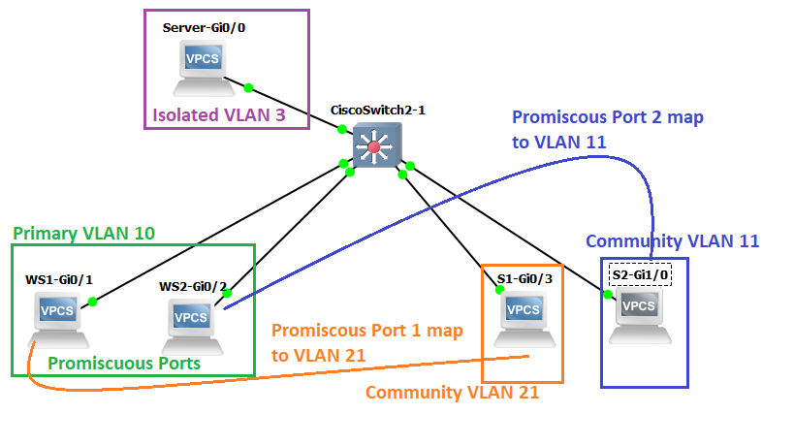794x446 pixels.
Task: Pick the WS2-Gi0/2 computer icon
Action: [x=192, y=323]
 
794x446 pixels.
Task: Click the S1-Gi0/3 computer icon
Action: [x=524, y=316]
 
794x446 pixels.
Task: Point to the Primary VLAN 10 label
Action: [x=83, y=234]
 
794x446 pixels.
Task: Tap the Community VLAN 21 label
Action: [x=451, y=393]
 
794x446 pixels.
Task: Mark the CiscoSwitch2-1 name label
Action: [x=378, y=110]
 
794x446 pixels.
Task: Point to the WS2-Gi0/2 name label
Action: [x=193, y=286]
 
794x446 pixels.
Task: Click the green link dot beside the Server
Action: [x=249, y=87]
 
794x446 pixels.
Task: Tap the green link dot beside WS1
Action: [x=93, y=302]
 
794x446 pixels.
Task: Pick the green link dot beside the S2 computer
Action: [x=608, y=294]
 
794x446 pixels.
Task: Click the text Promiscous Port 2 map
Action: [x=607, y=117]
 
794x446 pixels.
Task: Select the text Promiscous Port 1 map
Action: [x=366, y=331]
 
